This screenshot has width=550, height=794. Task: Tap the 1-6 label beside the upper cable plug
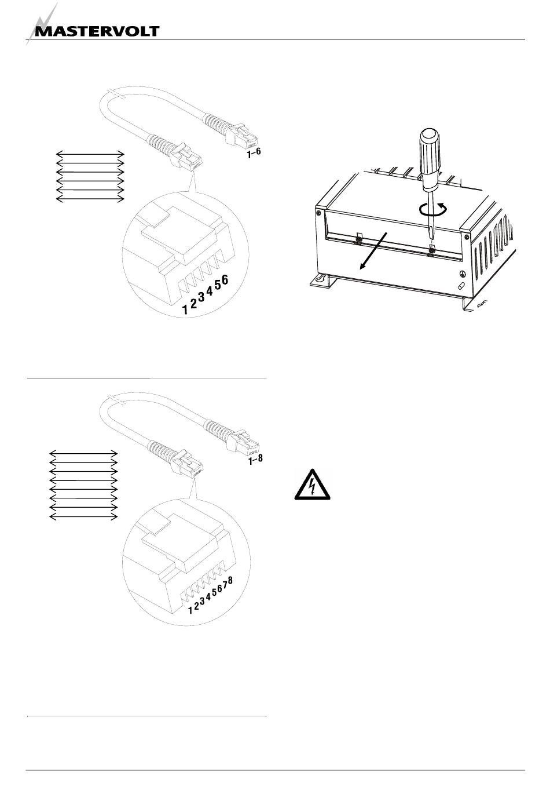(254, 153)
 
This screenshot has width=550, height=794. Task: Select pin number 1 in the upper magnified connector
(185, 309)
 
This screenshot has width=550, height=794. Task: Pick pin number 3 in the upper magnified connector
(201, 297)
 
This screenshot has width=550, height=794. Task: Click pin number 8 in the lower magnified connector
(230, 580)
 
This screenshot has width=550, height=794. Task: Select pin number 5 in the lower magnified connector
(214, 592)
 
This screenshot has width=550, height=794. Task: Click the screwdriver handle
(428, 156)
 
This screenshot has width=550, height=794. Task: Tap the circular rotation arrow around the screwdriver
(433, 209)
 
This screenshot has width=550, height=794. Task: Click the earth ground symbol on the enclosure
(462, 274)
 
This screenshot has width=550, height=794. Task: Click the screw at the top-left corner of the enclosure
(319, 213)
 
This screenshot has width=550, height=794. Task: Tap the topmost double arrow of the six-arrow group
(90, 154)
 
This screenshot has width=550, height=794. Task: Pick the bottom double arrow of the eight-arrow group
(83, 518)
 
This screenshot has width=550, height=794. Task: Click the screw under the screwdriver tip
(431, 252)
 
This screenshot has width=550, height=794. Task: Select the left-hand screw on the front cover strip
(358, 241)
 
